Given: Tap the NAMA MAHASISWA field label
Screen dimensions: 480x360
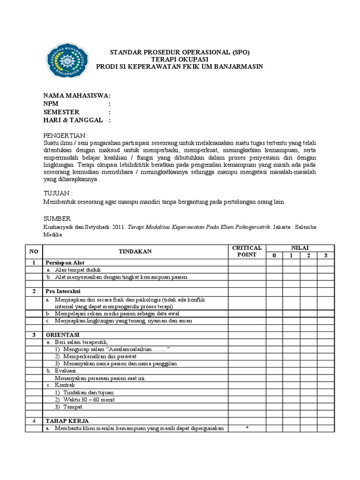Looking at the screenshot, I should point(77,96).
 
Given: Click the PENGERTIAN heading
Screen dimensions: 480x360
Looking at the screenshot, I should point(66,135).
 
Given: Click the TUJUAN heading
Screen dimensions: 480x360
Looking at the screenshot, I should point(58,193).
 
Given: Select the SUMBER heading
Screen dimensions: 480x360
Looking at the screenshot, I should point(57,219).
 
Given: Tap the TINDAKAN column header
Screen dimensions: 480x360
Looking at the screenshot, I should point(135,251).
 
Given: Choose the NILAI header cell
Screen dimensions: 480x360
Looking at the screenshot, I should point(300,247).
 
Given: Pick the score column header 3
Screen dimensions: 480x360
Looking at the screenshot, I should point(325,255).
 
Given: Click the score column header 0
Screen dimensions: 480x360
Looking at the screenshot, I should point(274,255).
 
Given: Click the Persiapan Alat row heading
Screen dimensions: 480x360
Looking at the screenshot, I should point(64,262).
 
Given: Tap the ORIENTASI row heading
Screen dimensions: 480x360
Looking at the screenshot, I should point(62,335).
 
